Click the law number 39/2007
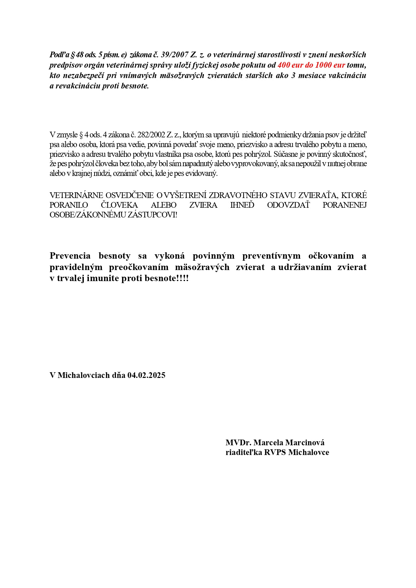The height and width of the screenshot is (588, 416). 175,55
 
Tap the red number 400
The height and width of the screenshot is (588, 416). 284,65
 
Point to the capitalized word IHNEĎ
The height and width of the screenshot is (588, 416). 242,205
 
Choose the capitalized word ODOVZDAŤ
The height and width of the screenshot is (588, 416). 288,205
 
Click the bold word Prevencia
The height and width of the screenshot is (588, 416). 70,256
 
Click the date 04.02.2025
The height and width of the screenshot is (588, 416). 146,375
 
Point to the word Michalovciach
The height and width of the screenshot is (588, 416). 84,375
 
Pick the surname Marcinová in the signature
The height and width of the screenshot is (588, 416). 305,443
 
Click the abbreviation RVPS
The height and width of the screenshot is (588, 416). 275,452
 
